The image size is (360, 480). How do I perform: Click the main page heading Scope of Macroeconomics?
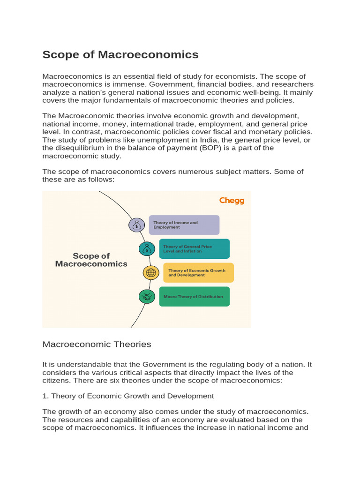pyautogui.click(x=120, y=55)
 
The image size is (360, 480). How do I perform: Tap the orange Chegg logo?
pyautogui.click(x=232, y=201)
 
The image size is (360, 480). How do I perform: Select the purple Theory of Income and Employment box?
pyautogui.click(x=184, y=225)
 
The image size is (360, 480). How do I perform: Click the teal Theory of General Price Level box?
pyautogui.click(x=194, y=249)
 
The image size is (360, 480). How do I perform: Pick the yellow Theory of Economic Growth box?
pyautogui.click(x=198, y=273)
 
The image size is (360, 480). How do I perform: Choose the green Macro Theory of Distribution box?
pyautogui.click(x=194, y=297)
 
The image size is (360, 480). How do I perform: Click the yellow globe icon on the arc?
pyautogui.click(x=151, y=273)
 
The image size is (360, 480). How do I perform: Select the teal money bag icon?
pyautogui.click(x=147, y=249)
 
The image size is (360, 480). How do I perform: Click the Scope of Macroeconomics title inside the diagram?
pyautogui.click(x=91, y=260)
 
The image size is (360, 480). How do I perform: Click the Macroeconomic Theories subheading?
pyautogui.click(x=97, y=344)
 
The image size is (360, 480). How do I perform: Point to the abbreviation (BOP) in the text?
pyautogui.click(x=209, y=148)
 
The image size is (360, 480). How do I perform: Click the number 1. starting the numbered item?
pyautogui.click(x=45, y=396)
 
